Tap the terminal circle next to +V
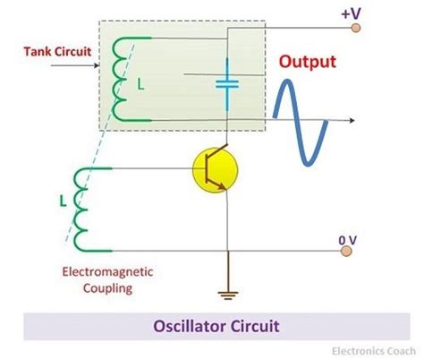tap(355, 29)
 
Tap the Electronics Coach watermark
tap(373, 349)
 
